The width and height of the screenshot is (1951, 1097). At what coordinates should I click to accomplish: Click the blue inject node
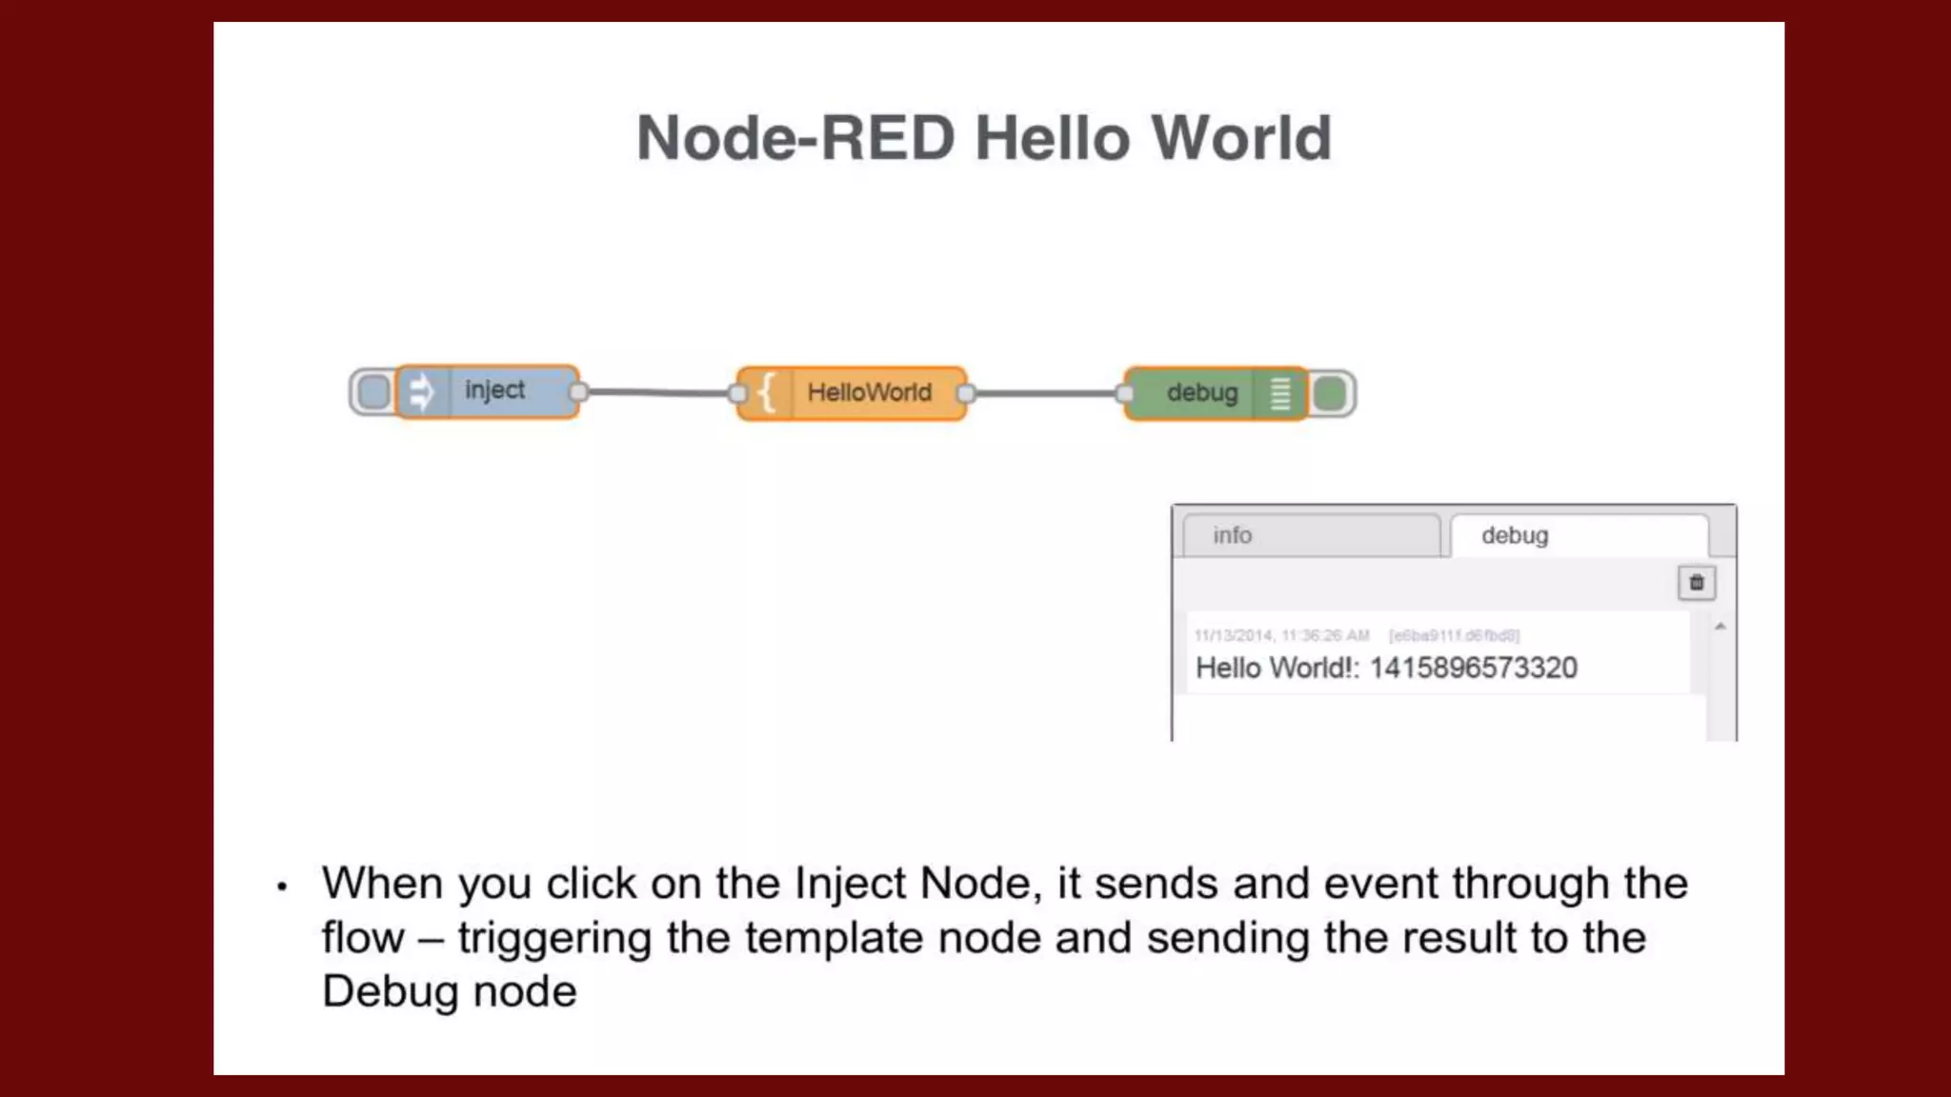[x=494, y=390]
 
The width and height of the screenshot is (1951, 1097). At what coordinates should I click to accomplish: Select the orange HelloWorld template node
[x=869, y=392]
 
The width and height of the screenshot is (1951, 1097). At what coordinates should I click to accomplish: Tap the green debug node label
[x=1201, y=392]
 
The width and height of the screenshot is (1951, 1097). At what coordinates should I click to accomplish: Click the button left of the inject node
[x=372, y=391]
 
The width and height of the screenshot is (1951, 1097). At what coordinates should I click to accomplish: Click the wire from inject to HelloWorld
[x=657, y=392]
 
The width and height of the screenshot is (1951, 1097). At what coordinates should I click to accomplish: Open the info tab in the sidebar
[x=1310, y=535]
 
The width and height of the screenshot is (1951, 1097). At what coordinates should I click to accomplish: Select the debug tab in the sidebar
[x=1578, y=535]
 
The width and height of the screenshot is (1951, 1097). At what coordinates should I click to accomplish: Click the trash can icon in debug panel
[x=1696, y=583]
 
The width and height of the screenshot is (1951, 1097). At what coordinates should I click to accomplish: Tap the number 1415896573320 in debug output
[x=1473, y=668]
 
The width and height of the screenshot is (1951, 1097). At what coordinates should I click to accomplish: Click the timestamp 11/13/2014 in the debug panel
[x=1233, y=635]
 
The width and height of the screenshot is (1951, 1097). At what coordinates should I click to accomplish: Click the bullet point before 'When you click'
[x=281, y=888]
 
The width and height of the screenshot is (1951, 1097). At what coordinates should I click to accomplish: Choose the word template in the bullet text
[x=834, y=938]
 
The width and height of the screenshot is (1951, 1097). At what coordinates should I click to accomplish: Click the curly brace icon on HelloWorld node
[x=766, y=392]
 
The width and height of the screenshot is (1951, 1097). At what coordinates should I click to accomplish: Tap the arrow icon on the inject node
[x=421, y=391]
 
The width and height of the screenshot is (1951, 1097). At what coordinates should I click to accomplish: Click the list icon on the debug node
[x=1280, y=393]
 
